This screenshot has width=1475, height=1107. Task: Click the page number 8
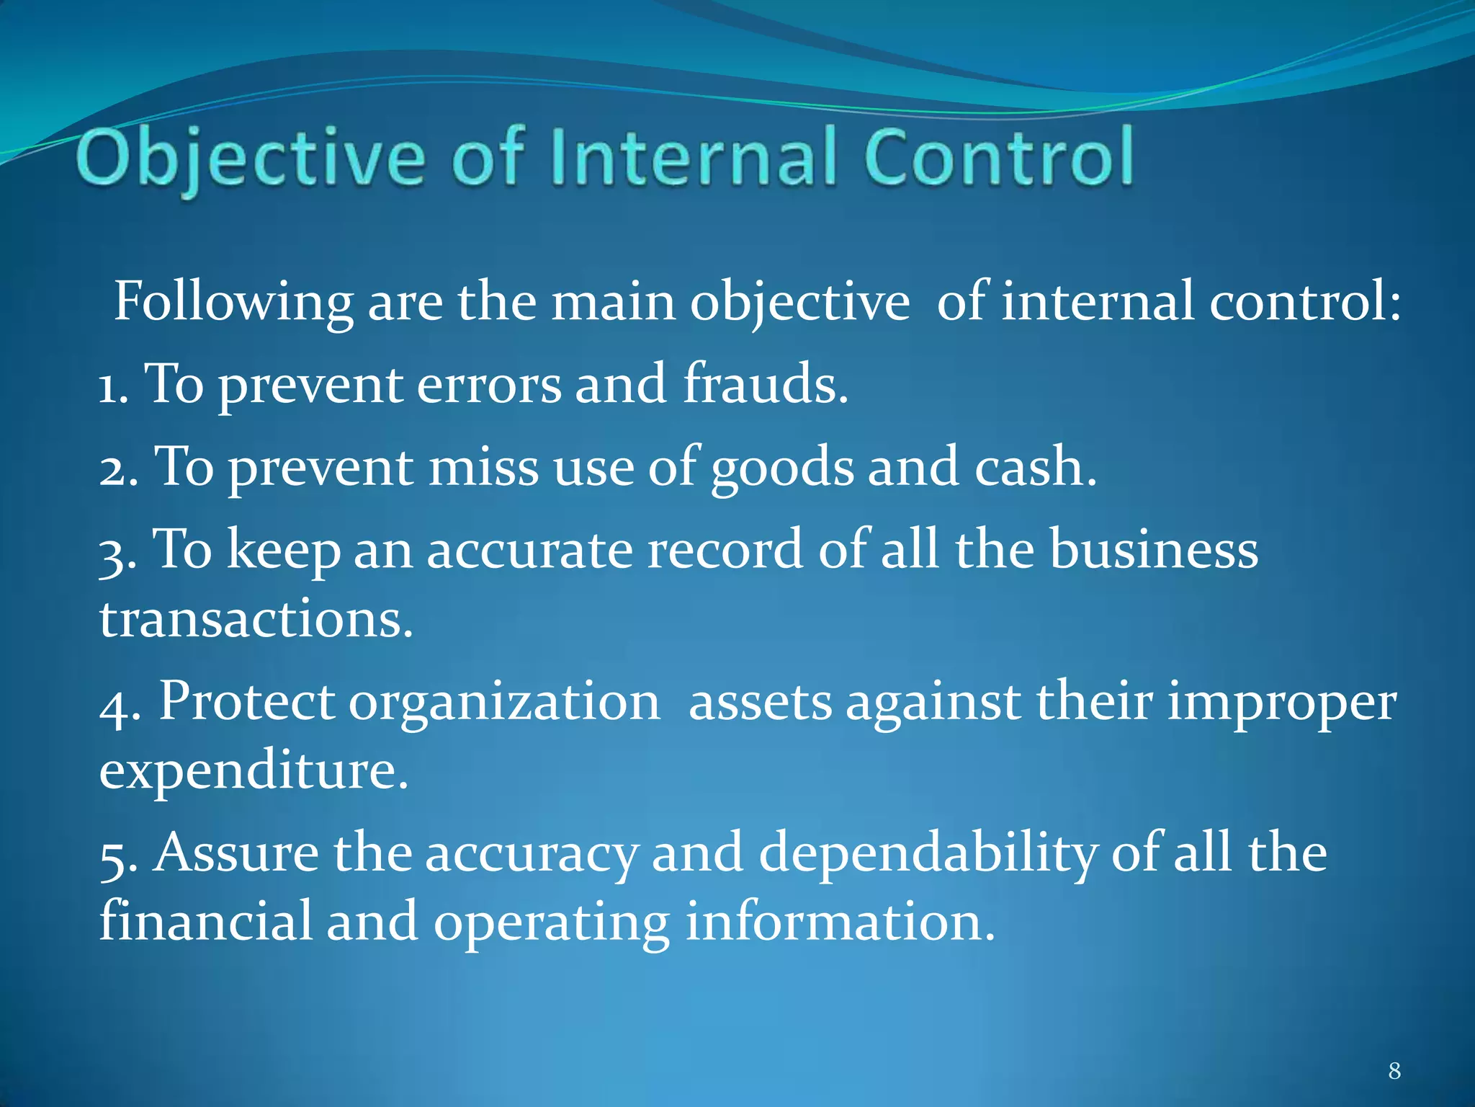[1394, 1071]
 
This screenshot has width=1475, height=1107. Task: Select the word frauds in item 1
[765, 384]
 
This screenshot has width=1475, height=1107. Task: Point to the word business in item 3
[1153, 550]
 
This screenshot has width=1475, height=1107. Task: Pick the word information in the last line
[840, 922]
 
